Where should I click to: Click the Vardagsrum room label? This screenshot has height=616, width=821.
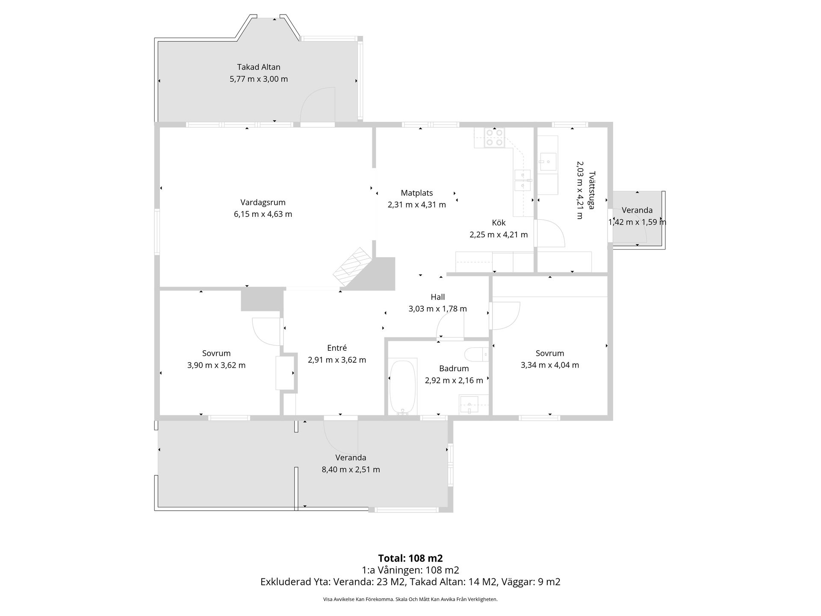click(x=263, y=202)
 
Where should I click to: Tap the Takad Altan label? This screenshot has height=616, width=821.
click(x=259, y=67)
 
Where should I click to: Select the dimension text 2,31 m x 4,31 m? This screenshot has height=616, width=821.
click(x=416, y=205)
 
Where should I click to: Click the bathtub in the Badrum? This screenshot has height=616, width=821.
click(x=402, y=387)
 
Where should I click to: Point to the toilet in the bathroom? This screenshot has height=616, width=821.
click(x=476, y=354)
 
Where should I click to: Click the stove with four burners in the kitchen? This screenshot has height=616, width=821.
click(x=494, y=138)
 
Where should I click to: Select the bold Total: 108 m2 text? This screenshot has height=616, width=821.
click(x=410, y=558)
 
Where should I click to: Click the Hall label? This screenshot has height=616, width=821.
click(x=437, y=297)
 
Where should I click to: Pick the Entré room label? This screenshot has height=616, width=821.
click(x=337, y=348)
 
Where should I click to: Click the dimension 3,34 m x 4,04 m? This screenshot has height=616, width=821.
click(x=549, y=365)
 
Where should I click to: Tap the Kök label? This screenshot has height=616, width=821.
click(x=499, y=223)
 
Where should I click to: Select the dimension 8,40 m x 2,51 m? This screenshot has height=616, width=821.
click(x=351, y=470)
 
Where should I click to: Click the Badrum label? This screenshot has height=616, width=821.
click(x=454, y=368)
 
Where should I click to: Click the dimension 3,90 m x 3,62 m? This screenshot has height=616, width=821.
click(x=216, y=365)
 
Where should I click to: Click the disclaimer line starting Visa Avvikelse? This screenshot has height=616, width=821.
click(x=410, y=599)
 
